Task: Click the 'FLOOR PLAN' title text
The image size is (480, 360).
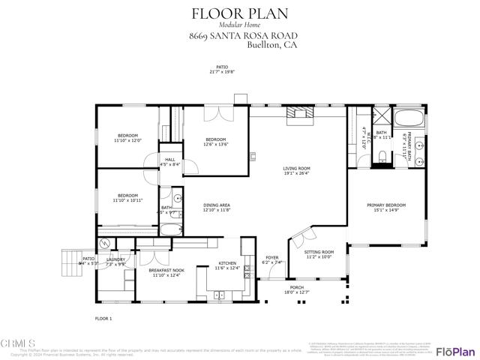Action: point(240,13)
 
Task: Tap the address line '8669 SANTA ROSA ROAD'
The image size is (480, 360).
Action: point(240,35)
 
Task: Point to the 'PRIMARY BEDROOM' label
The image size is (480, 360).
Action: point(386,205)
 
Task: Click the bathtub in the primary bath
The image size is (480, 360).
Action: point(409,118)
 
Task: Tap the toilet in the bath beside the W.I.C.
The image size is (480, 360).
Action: point(382,155)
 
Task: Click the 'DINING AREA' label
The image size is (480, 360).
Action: point(217,205)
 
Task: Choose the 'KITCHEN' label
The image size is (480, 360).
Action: point(228,263)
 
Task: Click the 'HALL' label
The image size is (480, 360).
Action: point(171,160)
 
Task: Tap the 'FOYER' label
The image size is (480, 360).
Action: point(271,258)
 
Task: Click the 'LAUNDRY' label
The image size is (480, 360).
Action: point(115,259)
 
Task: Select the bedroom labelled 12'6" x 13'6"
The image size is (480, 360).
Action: point(217,142)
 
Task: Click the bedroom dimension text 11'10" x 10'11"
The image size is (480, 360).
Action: point(127,200)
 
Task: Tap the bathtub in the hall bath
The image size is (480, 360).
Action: point(170,230)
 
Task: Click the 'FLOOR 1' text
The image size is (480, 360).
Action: point(103,319)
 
